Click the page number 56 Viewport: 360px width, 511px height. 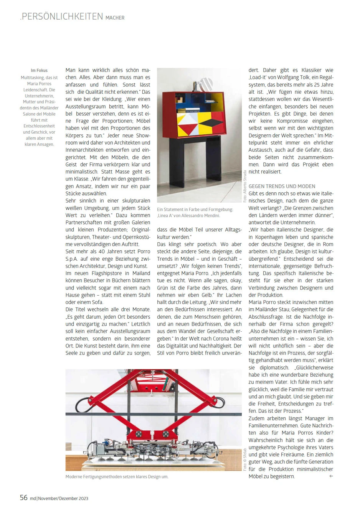pyautogui.click(x=23, y=498)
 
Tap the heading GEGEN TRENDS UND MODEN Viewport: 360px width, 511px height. pyautogui.click(x=282, y=186)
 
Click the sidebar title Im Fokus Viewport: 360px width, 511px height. pyautogui.click(x=39, y=71)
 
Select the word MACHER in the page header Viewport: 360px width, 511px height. pyautogui.click(x=115, y=18)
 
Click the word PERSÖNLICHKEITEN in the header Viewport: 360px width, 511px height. pyautogui.click(x=62, y=17)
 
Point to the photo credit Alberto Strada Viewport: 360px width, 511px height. pyautogui.click(x=245, y=186)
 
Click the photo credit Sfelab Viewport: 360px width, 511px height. pyautogui.click(x=245, y=459)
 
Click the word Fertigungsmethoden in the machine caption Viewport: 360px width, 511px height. pyautogui.click(x=100, y=477)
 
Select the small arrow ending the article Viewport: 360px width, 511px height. pyautogui.click(x=331, y=476)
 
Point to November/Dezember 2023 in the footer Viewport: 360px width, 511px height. pyautogui.click(x=63, y=498)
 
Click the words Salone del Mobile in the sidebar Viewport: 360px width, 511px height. pyautogui.click(x=39, y=114)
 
